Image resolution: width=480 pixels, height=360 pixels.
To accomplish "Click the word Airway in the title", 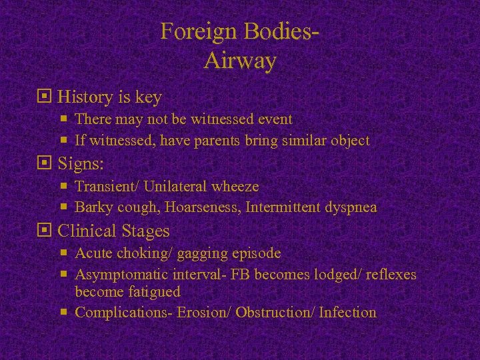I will tap(240, 61).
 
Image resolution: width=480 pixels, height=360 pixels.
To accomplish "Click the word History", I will tap(85, 97).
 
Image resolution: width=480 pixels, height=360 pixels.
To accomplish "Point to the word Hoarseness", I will tap(204, 207).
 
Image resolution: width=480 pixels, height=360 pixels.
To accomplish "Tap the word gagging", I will tap(204, 253).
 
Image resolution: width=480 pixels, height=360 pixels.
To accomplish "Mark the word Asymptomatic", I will tap(122, 275).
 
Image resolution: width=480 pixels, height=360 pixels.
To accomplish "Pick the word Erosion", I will tap(203, 312).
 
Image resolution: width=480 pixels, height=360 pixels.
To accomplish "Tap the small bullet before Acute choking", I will tap(65, 253).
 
